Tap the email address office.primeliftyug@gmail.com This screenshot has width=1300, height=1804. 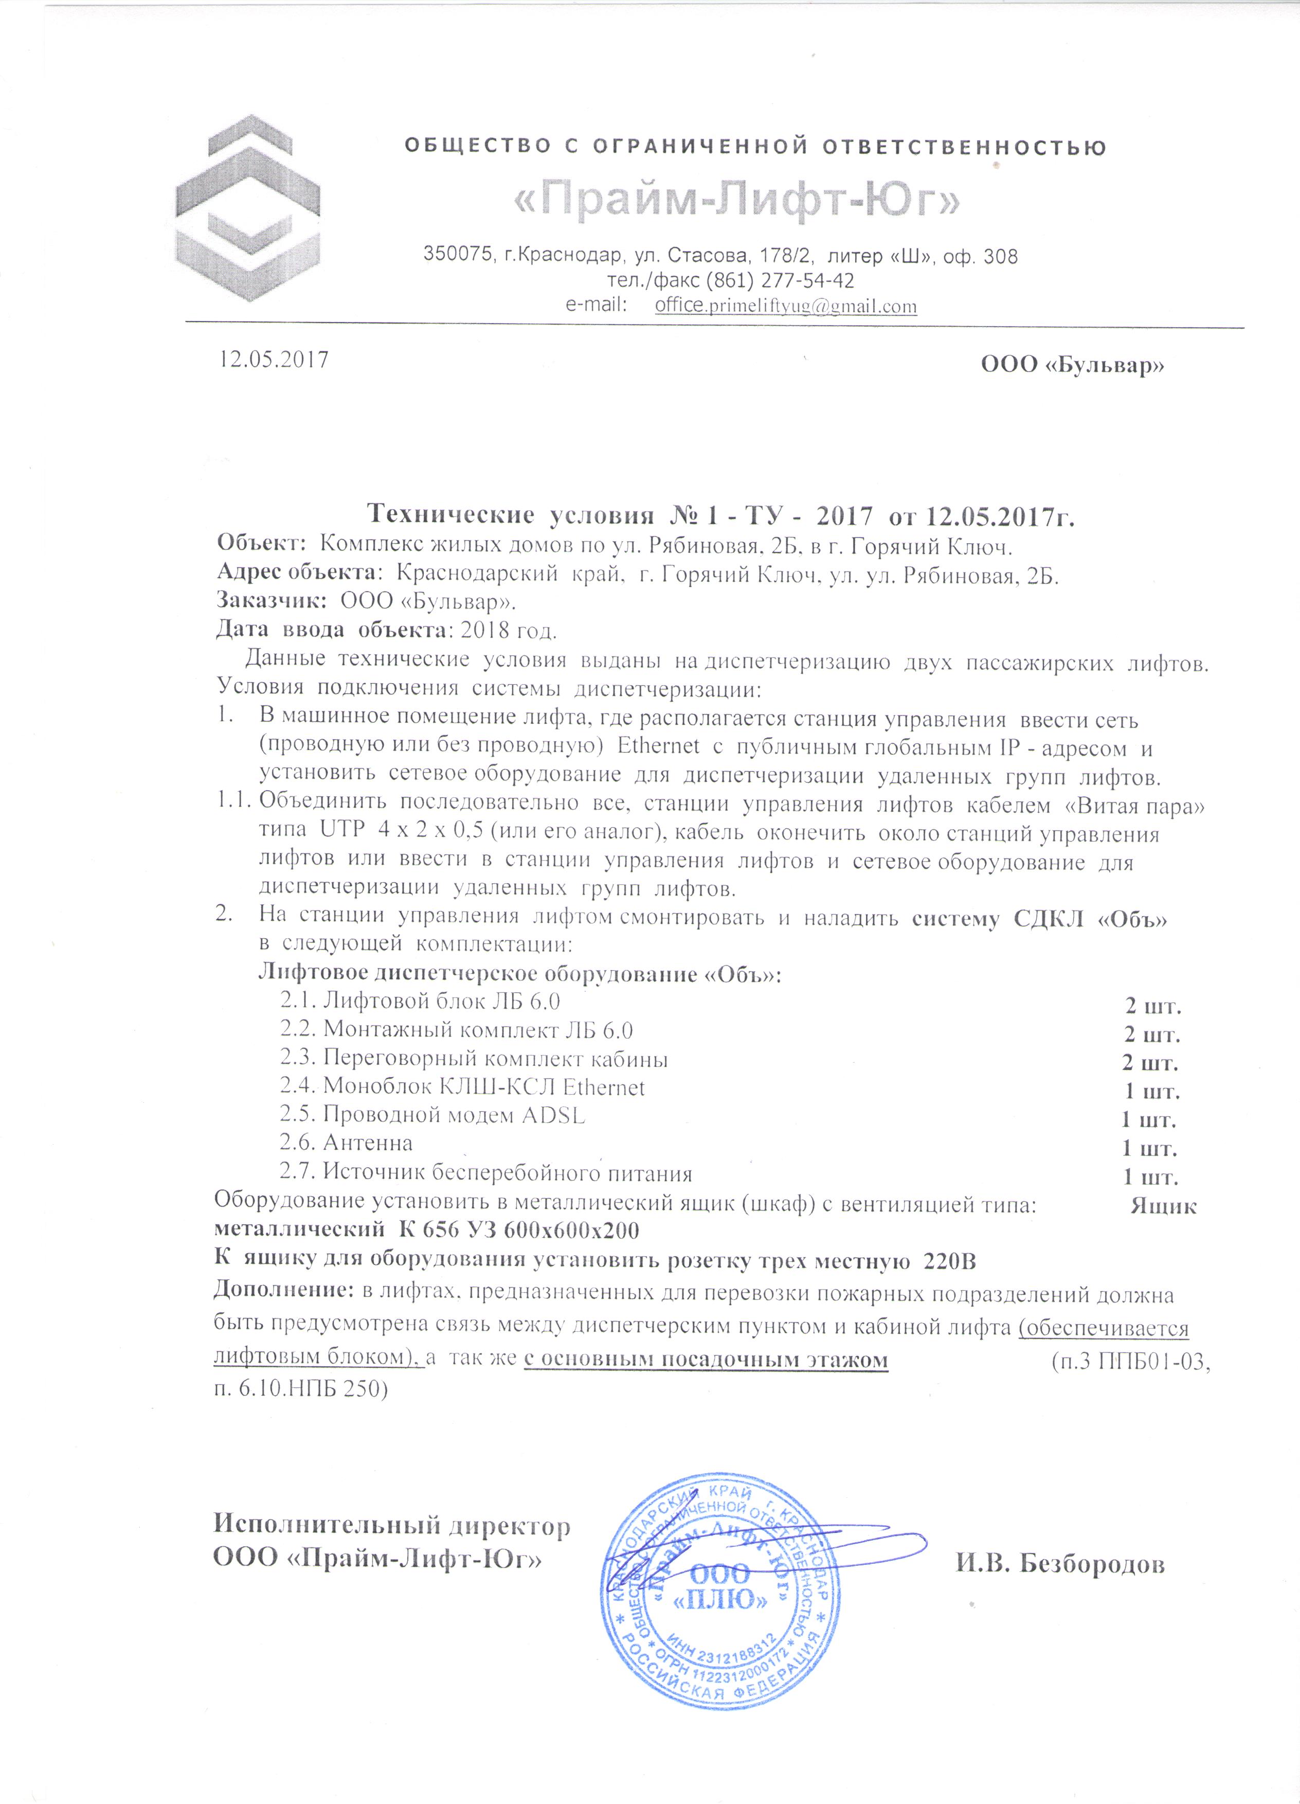click(x=786, y=306)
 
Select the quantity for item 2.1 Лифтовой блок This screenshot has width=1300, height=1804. click(x=1152, y=1006)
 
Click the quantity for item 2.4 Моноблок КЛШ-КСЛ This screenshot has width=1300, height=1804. click(x=1152, y=1092)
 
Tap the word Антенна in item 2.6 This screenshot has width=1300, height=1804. click(x=367, y=1143)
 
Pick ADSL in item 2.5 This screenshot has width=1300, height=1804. click(x=553, y=1115)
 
